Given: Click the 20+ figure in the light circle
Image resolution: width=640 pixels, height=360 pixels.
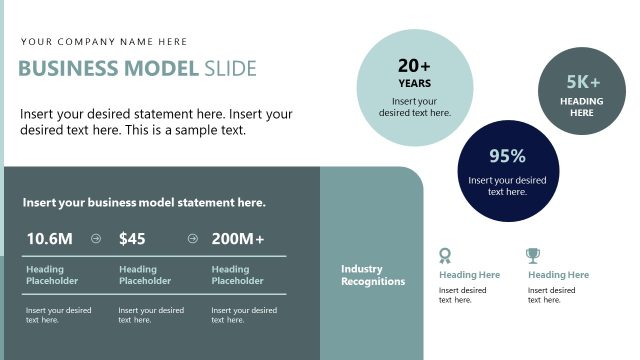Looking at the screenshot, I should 414,66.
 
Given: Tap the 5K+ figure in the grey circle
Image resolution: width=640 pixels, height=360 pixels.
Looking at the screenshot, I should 583,82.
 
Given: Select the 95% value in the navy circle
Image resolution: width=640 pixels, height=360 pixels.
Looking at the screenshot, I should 507,155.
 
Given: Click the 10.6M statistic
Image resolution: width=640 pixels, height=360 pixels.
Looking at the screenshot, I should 50,239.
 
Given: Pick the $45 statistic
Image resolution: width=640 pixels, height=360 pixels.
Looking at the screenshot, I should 132,239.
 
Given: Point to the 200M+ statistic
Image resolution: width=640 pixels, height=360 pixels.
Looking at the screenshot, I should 238,239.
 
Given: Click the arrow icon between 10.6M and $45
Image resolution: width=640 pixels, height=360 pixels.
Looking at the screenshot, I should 96,239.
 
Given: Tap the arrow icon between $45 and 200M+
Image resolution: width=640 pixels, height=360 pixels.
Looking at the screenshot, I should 192,239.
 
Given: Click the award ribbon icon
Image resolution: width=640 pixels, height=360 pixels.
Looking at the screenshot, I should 446,255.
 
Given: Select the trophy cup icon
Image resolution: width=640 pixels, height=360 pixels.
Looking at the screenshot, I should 533,255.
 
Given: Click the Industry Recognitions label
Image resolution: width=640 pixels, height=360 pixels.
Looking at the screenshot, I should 373,275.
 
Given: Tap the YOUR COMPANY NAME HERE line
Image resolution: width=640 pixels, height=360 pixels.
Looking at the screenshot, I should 104,42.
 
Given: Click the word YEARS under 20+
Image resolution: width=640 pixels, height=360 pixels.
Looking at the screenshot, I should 414,84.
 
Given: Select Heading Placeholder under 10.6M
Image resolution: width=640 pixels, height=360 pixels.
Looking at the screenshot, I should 52,275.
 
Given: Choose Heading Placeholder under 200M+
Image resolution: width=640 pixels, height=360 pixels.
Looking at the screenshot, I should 237,275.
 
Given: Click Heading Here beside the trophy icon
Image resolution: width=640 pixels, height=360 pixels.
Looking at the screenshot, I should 558,275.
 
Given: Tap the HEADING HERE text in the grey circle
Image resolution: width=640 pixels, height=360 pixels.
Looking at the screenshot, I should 582,107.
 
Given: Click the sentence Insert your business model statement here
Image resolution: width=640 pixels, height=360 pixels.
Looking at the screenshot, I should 144,203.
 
